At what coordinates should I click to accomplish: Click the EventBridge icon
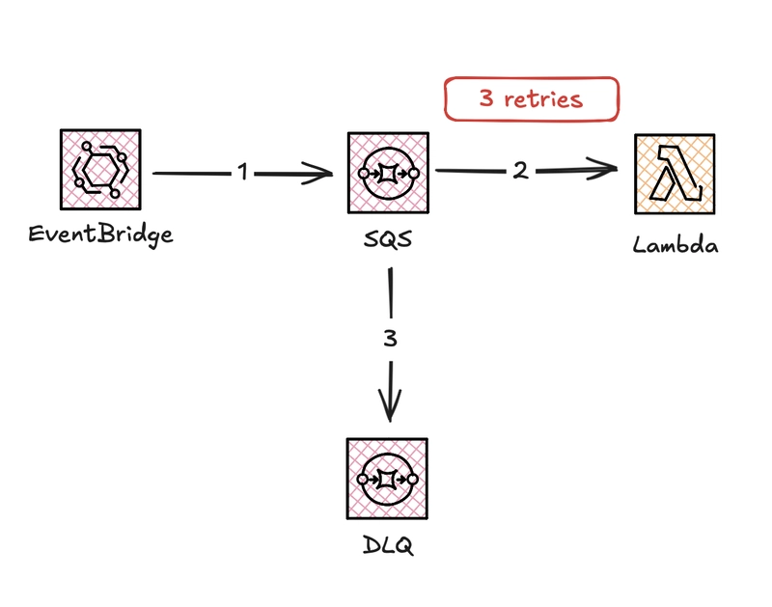tap(100, 173)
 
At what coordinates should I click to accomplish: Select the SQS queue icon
tap(389, 173)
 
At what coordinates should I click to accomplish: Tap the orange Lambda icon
tap(675, 174)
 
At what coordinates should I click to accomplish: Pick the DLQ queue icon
tap(388, 478)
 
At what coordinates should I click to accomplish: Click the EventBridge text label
tap(100, 235)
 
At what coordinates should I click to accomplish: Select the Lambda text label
tap(675, 244)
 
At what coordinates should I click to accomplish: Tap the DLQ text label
tap(388, 546)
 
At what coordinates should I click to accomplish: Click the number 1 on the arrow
tap(243, 173)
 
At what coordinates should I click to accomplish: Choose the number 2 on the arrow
tap(520, 171)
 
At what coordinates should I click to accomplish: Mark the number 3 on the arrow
tap(390, 339)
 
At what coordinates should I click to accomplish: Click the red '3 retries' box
tap(530, 98)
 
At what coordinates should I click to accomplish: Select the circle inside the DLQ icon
tap(388, 478)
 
